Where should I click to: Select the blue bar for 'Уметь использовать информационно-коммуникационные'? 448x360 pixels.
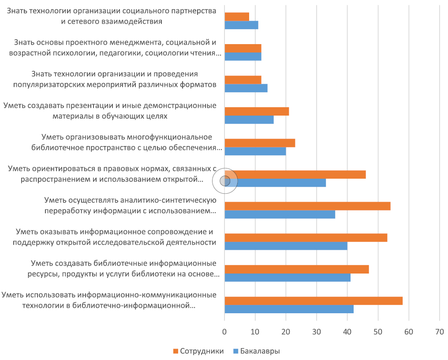tap(289, 309)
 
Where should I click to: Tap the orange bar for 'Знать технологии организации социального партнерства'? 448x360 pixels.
tap(237, 17)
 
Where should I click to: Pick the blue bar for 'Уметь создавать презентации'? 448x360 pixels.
tap(249, 120)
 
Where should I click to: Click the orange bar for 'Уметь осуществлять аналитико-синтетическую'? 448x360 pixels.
tap(307, 206)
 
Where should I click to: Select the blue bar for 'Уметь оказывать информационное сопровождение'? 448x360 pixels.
tap(286, 246)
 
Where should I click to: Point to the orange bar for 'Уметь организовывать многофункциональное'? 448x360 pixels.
tap(260, 143)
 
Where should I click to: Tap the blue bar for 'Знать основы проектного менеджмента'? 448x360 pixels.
tap(243, 56)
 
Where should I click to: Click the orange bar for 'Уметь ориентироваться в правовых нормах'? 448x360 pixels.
tap(295, 175)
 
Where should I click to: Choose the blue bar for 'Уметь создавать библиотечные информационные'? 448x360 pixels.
tap(287, 277)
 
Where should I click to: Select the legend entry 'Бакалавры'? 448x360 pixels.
tap(257, 351)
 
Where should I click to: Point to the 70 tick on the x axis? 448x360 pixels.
tap(439, 330)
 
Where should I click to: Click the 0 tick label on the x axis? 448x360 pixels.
tap(224, 330)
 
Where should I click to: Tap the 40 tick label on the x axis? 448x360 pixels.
tap(347, 330)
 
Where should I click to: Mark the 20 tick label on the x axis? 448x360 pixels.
tap(286, 330)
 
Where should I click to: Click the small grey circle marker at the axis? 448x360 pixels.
tap(225, 180)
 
